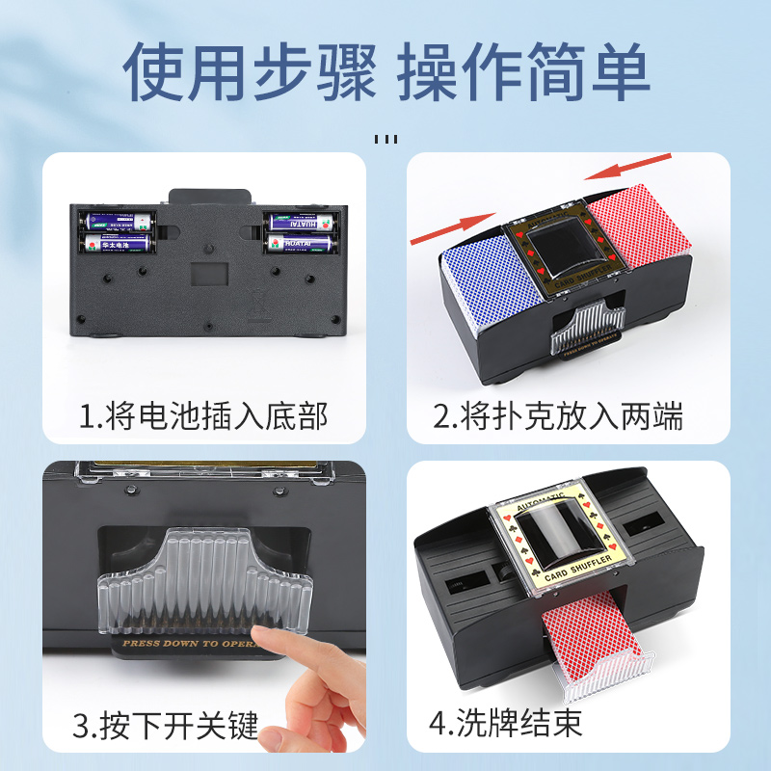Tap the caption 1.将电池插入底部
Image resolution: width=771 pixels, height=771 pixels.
[203, 416]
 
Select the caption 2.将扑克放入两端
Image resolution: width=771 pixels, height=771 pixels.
[558, 416]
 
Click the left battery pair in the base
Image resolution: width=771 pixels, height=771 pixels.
[116, 232]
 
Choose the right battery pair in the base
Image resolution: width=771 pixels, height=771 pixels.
[303, 232]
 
